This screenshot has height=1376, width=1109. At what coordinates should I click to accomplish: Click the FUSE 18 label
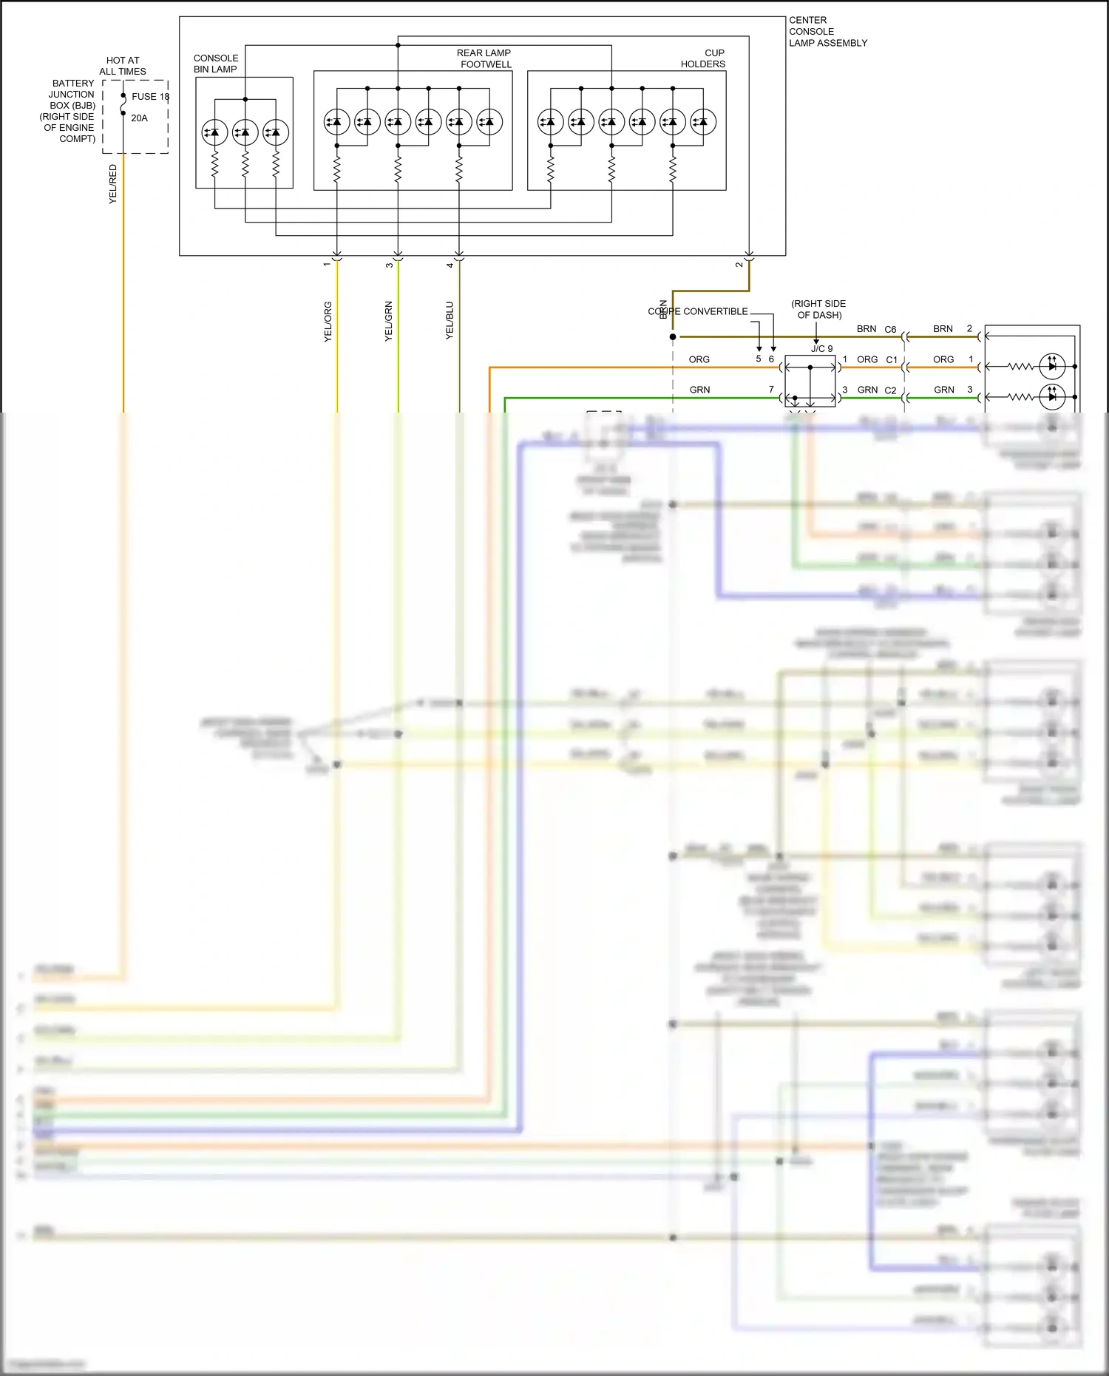[150, 97]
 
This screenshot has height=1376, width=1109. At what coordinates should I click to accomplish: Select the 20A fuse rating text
[139, 118]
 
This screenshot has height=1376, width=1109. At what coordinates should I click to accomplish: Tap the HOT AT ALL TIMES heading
[123, 66]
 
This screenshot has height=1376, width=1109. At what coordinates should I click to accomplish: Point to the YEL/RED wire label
[113, 184]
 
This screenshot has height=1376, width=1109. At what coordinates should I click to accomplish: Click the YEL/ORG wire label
[328, 322]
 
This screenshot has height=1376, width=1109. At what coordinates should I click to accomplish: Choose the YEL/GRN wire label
[388, 321]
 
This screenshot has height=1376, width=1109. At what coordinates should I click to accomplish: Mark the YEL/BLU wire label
[450, 320]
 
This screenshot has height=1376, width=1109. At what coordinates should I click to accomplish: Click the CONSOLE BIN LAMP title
[216, 64]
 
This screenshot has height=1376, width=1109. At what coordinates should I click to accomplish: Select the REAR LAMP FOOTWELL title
[484, 58]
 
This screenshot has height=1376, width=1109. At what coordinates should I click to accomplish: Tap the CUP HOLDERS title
[703, 58]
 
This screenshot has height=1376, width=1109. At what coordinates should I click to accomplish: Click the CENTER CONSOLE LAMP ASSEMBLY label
[827, 32]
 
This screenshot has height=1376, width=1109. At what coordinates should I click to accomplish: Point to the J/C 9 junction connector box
[810, 381]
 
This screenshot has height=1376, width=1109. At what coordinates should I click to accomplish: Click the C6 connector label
[890, 330]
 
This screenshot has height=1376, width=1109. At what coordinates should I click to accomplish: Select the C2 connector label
[890, 390]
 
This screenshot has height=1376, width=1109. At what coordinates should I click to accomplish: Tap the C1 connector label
[892, 360]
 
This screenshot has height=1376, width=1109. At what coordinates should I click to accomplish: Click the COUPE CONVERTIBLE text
[698, 311]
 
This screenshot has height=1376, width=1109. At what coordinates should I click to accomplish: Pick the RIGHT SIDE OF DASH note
[818, 309]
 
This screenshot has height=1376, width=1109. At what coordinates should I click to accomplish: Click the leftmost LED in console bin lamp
[214, 132]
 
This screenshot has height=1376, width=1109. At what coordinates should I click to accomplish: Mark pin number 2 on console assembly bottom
[739, 265]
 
